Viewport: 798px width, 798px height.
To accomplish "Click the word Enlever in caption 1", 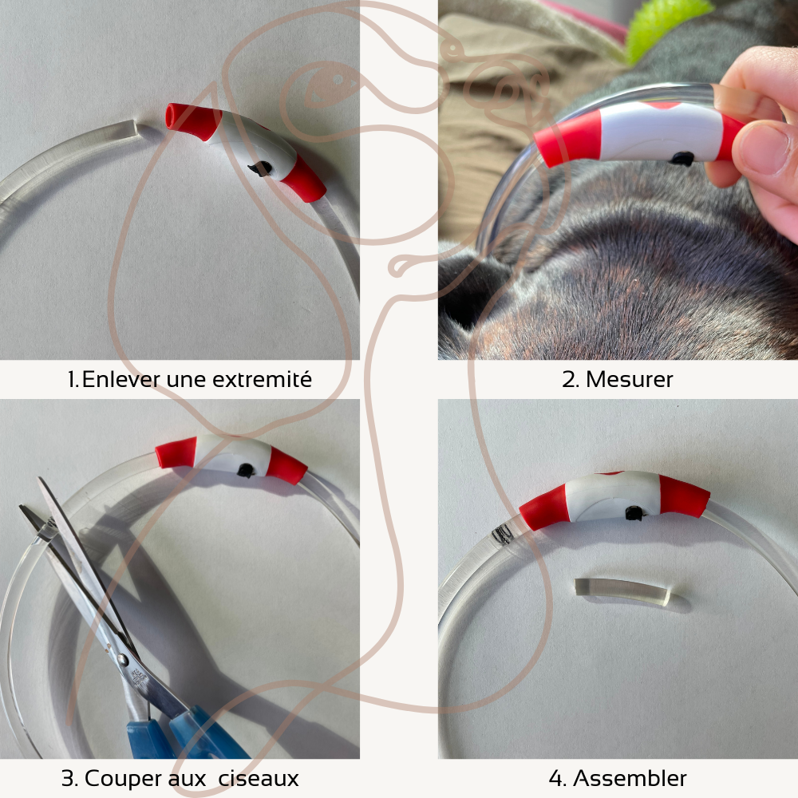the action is [x=120, y=379].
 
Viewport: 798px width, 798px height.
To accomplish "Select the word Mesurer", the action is [x=630, y=379].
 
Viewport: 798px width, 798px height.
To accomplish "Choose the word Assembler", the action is [x=630, y=778].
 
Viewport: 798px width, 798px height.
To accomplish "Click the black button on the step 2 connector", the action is [x=681, y=159].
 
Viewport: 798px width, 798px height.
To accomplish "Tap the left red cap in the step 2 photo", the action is [x=568, y=139].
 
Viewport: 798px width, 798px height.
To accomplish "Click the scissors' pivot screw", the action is [x=123, y=661].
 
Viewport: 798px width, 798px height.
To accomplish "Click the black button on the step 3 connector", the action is [x=247, y=470].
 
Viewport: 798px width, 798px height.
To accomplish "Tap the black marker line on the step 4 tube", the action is [x=502, y=534].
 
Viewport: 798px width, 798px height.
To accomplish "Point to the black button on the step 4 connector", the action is [x=634, y=513].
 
